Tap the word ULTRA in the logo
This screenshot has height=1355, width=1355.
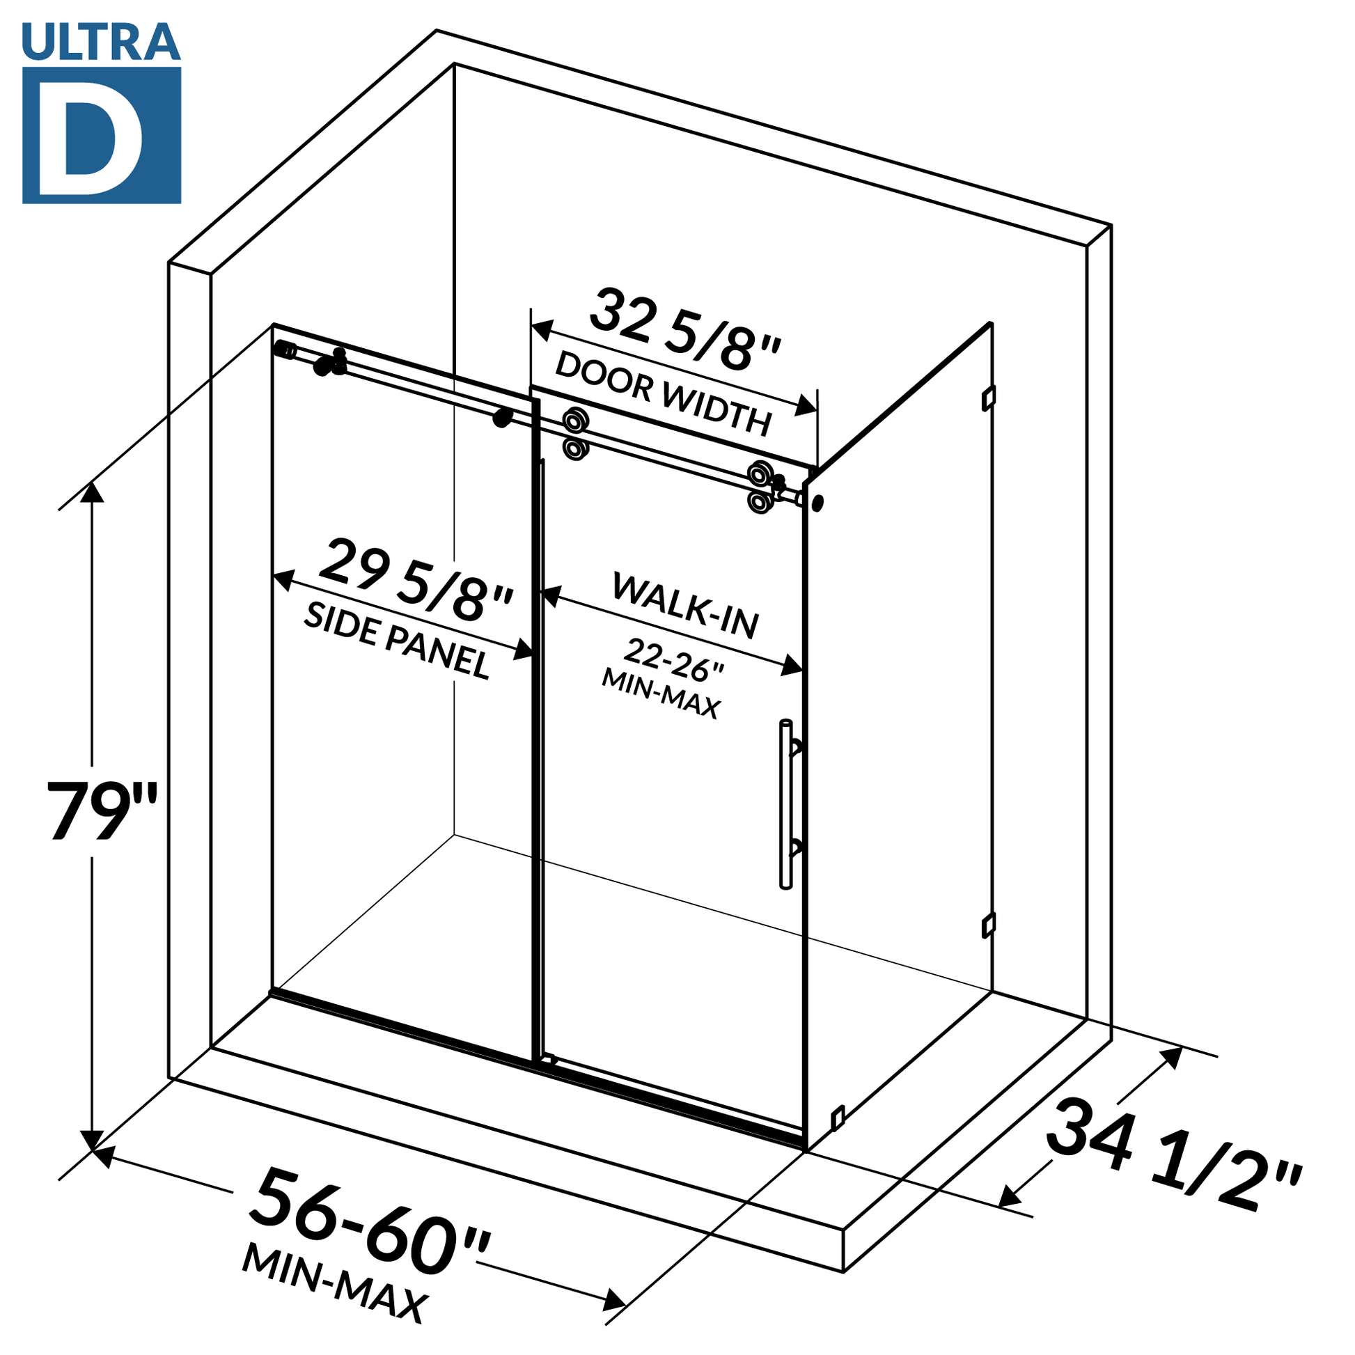pyautogui.click(x=101, y=41)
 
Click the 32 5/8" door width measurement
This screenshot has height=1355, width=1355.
pyautogui.click(x=684, y=330)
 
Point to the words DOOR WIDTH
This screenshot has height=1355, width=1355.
pyautogui.click(x=663, y=393)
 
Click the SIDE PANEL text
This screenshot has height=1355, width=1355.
pyautogui.click(x=396, y=641)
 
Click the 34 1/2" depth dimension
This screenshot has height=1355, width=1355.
pyautogui.click(x=1172, y=1157)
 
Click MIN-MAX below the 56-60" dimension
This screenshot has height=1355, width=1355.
pyautogui.click(x=334, y=1283)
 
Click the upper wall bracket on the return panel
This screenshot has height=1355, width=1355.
pyautogui.click(x=988, y=398)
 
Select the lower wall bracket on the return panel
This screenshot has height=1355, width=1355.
pyautogui.click(x=987, y=925)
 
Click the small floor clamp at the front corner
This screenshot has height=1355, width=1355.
pyautogui.click(x=838, y=1117)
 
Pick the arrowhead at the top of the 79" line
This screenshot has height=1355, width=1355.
pyautogui.click(x=92, y=493)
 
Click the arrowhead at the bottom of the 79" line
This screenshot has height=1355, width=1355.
pyautogui.click(x=92, y=1140)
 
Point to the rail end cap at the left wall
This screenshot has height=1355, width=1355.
pyautogui.click(x=285, y=350)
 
